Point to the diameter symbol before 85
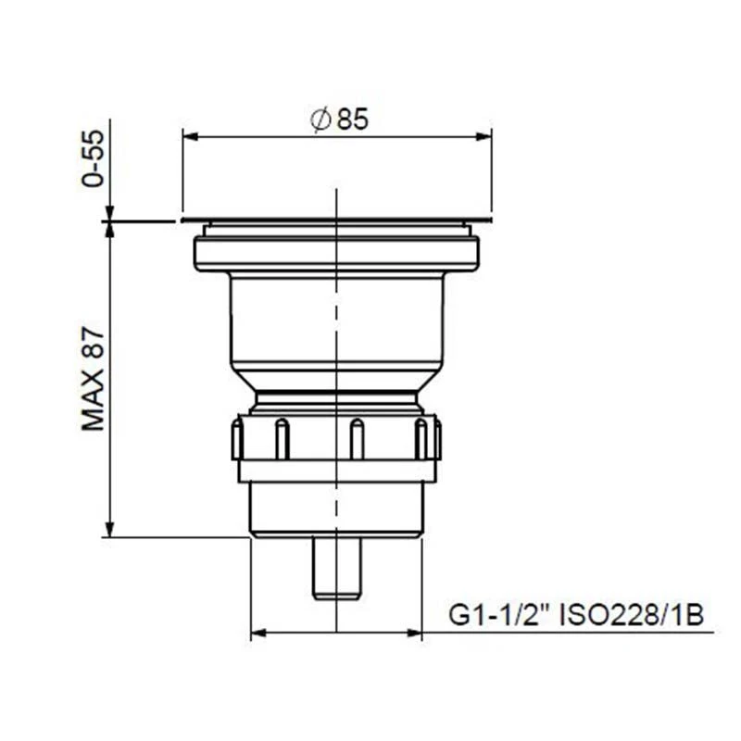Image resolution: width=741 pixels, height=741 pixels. point(320,119)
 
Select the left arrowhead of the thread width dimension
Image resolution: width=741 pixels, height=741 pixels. point(258,634)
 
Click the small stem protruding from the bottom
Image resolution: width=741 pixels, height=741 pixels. point(336,567)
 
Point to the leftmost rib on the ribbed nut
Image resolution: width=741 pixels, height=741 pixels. point(238,439)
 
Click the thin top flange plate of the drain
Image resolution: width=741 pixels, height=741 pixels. point(336,221)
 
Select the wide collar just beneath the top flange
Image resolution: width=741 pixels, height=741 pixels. point(336,253)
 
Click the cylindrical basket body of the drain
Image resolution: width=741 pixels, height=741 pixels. point(336,320)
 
